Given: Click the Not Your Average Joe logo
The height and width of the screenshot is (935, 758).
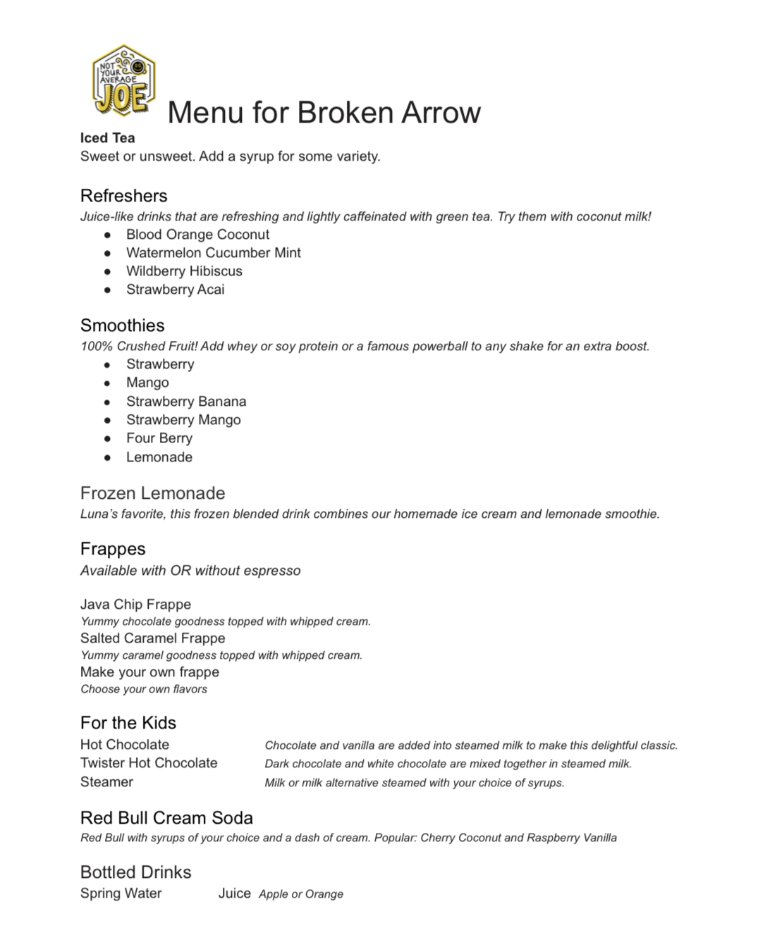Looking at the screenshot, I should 123,81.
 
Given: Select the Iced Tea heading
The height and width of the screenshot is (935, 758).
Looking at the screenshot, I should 107,138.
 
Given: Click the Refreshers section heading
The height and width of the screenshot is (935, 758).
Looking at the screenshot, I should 123,196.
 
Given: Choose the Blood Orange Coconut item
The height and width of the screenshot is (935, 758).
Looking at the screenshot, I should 197,235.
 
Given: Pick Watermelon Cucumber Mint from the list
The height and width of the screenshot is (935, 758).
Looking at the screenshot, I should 213,253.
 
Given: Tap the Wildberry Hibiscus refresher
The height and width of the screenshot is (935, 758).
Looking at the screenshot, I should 184,271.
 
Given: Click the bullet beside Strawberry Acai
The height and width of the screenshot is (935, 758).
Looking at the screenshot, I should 107,290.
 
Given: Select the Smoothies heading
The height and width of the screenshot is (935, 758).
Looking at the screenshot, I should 122,326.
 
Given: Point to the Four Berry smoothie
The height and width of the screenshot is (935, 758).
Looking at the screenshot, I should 159,438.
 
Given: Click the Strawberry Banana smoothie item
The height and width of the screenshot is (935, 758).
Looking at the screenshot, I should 186,402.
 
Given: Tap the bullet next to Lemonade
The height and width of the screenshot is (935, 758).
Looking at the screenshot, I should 107,457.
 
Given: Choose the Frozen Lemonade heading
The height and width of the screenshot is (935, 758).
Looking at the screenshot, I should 152,493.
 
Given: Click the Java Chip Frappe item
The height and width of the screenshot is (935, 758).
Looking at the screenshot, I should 135,605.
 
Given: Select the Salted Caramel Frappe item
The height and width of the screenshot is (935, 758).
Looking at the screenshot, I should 152,638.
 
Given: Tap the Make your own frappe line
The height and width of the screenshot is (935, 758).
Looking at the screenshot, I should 149,672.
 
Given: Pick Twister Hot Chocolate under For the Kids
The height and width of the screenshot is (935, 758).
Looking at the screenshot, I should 149,763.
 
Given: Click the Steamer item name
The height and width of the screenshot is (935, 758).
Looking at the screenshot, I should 106,782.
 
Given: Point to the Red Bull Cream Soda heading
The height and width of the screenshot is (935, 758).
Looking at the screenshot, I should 166,818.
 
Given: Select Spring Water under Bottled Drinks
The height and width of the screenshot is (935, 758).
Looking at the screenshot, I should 121,893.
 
